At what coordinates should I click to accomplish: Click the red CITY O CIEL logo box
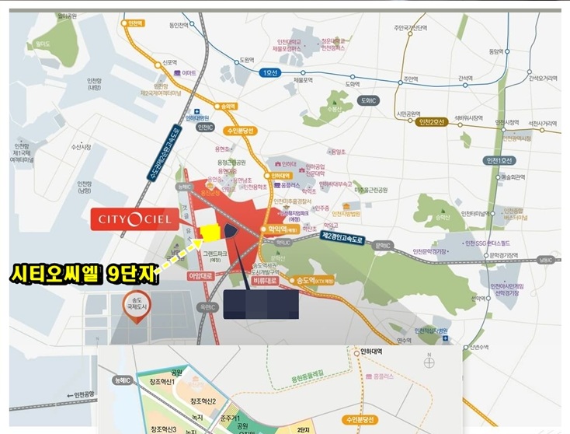[142, 218]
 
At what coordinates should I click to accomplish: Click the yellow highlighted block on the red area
[207, 232]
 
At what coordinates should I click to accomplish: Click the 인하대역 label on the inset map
[372, 351]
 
